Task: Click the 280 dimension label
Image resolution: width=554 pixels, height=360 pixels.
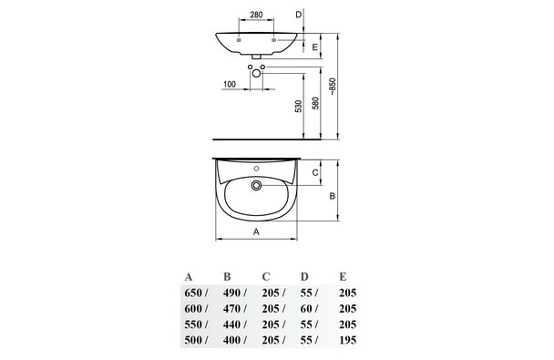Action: click(x=256, y=15)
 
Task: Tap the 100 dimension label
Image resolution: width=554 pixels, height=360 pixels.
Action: click(x=230, y=84)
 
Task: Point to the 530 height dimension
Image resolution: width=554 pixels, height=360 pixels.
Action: click(x=299, y=107)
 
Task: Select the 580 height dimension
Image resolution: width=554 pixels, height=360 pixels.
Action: click(x=315, y=103)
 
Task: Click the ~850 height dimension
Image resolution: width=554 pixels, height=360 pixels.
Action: click(x=332, y=87)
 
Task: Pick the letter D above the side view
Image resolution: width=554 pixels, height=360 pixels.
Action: click(x=299, y=15)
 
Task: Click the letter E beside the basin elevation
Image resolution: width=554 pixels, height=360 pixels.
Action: click(x=315, y=46)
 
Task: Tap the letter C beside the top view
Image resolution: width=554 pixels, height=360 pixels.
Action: click(x=315, y=172)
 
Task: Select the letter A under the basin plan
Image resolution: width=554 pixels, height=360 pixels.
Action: click(x=257, y=231)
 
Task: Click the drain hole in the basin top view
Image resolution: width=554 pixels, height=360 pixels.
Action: click(x=256, y=185)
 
